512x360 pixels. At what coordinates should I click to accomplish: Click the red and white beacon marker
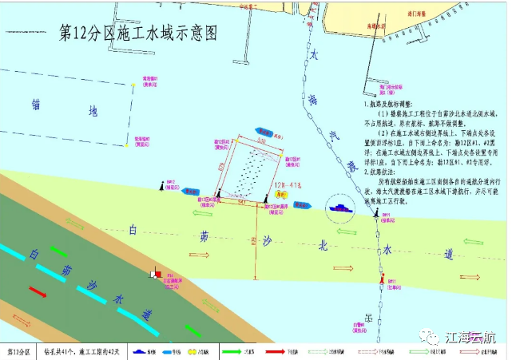click(153, 274)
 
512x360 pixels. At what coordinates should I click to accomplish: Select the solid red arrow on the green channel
click(38, 289)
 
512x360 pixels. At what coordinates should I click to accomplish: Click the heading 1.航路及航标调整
click(385, 105)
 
